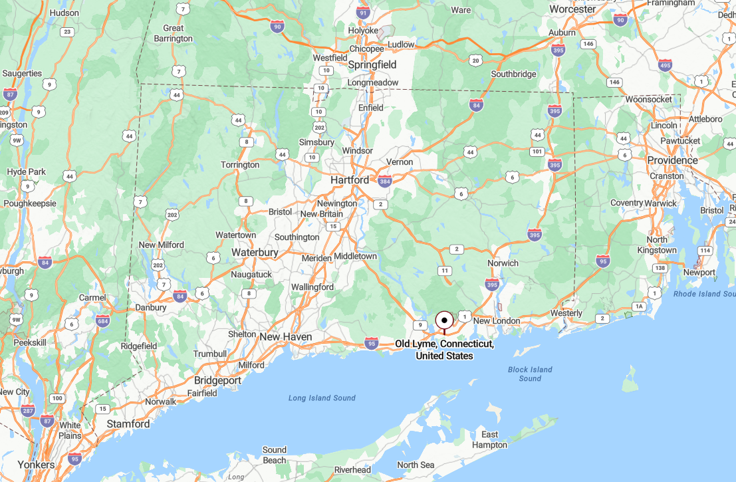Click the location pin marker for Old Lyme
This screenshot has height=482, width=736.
pyautogui.click(x=444, y=320)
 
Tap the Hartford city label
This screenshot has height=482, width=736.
pyautogui.click(x=350, y=180)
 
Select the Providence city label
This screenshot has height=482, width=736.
pyautogui.click(x=672, y=160)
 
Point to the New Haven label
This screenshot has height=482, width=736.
pyautogui.click(x=286, y=337)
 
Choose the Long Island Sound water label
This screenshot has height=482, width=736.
pyautogui.click(x=322, y=398)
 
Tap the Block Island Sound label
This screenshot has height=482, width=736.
pyautogui.click(x=530, y=374)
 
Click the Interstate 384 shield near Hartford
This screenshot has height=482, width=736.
pyautogui.click(x=384, y=181)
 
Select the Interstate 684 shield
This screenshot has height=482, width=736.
pyautogui.click(x=102, y=322)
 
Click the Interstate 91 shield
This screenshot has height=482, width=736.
pyautogui.click(x=362, y=13)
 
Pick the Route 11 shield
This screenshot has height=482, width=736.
pyautogui.click(x=444, y=271)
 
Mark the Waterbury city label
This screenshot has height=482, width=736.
pyautogui.click(x=255, y=253)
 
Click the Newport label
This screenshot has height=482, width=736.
pyautogui.click(x=699, y=273)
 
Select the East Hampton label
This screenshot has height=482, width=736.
pyautogui.click(x=490, y=439)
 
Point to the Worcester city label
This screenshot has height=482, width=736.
pyautogui.click(x=573, y=9)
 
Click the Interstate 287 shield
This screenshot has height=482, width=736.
pyautogui.click(x=27, y=411)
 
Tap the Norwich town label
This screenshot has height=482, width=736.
pyautogui.click(x=503, y=263)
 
